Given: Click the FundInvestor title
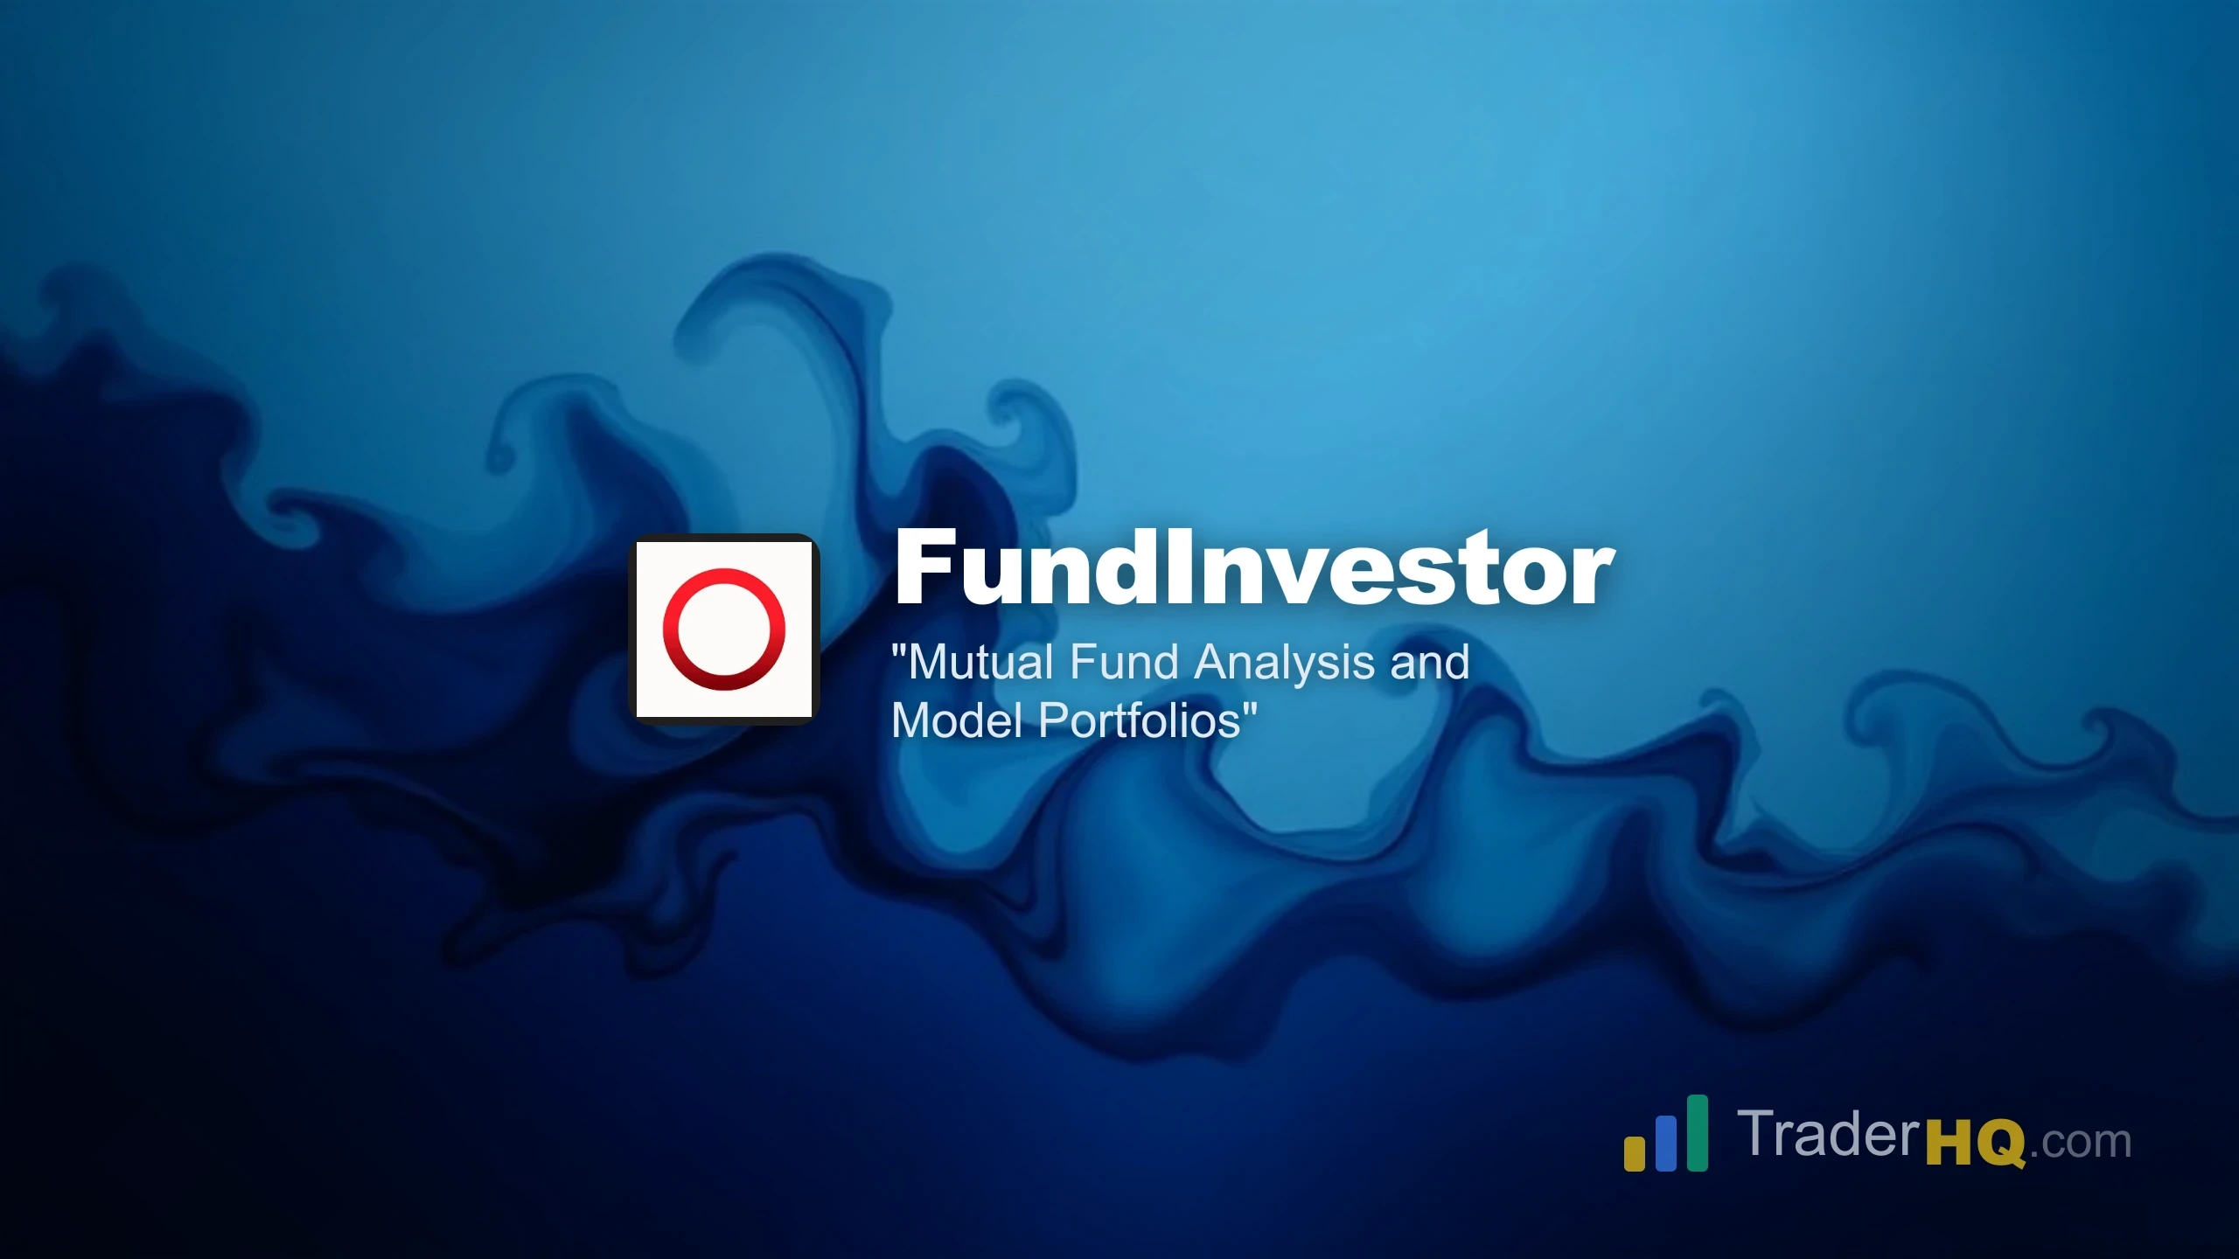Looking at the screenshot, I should tap(1254, 568).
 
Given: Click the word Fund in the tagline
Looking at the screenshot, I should tap(1124, 662).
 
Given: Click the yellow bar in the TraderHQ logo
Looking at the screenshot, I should tap(1634, 1152).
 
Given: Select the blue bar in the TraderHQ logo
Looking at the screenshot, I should tap(1666, 1143).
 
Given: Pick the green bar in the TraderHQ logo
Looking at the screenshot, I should tap(1697, 1132).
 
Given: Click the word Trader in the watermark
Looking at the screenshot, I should tap(1828, 1135).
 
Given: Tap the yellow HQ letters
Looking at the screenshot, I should tap(1976, 1143).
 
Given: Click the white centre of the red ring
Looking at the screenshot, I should tap(724, 629).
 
